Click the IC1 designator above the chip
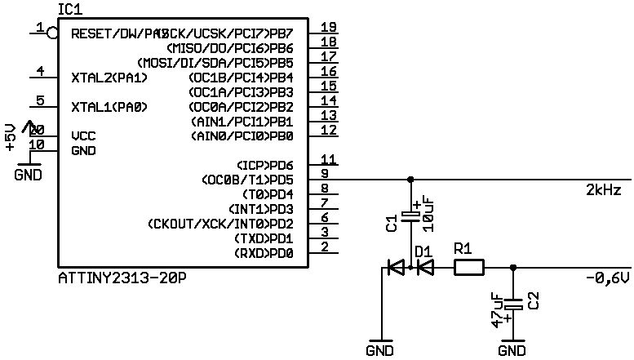(x=69, y=7)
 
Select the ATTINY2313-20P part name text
(x=122, y=278)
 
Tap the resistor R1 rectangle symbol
(x=468, y=266)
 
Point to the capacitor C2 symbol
(x=512, y=304)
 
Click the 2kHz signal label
(x=604, y=191)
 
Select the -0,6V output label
(x=608, y=278)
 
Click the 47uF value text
(x=497, y=310)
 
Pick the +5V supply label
(x=10, y=137)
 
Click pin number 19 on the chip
(x=329, y=27)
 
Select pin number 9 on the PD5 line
(x=325, y=174)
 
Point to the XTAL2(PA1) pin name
(x=109, y=78)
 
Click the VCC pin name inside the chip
(x=84, y=136)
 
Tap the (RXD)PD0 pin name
(x=264, y=253)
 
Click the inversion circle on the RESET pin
(x=53, y=33)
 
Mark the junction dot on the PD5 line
(x=410, y=180)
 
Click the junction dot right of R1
(x=512, y=267)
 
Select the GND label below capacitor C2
(x=512, y=351)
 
